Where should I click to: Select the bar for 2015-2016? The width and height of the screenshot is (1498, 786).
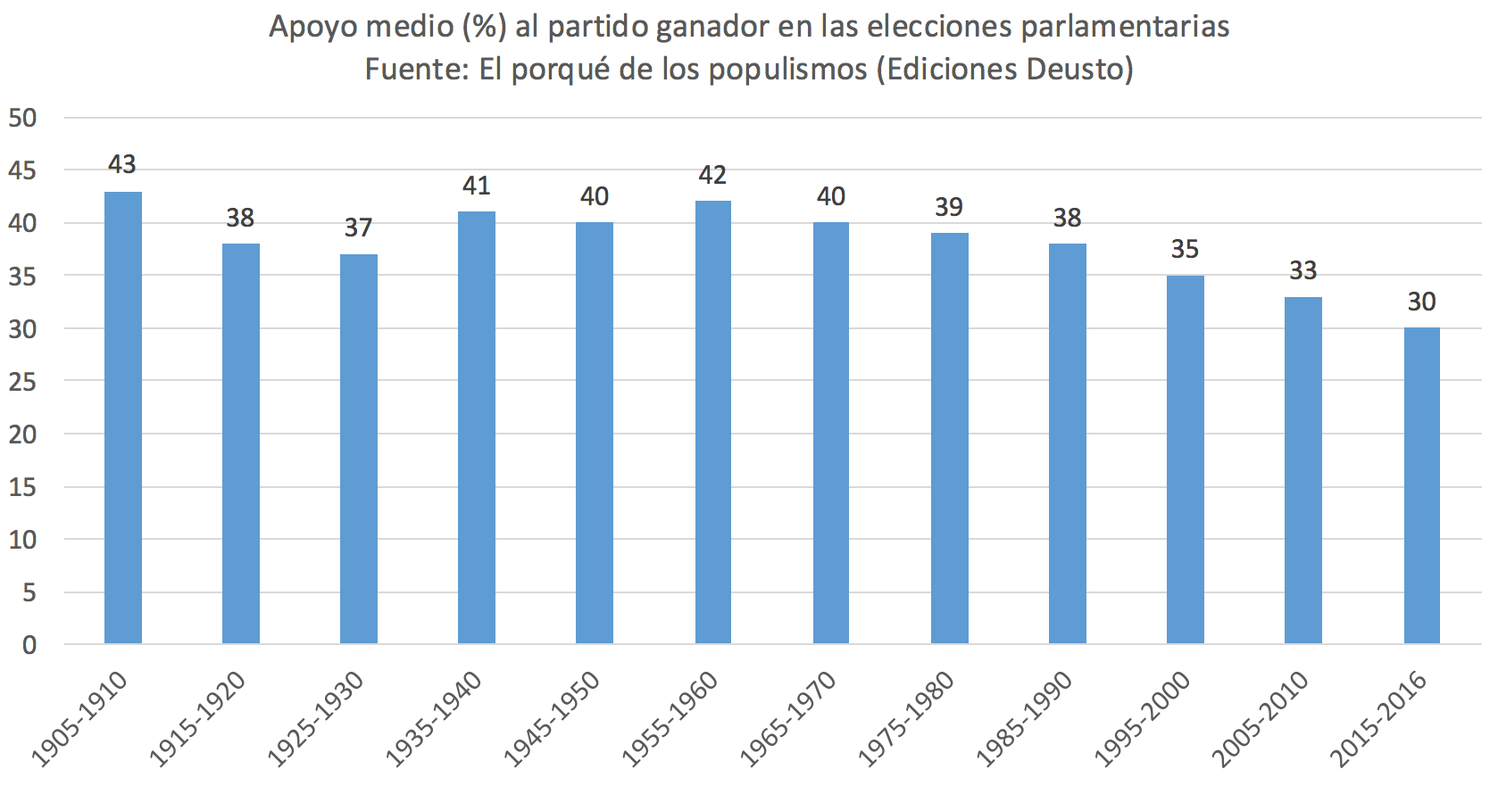coord(1421,485)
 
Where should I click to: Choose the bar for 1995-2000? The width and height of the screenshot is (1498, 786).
coord(1185,459)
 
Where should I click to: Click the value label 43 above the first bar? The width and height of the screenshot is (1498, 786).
coord(122,164)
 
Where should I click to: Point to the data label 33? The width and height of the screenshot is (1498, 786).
coord(1302,270)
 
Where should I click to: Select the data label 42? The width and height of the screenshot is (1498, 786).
coord(712,175)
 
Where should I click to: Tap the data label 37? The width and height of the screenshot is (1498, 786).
coord(358,228)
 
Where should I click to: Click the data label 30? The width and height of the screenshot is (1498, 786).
coord(1421,302)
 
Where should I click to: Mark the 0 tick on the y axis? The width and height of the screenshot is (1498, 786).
coord(29,644)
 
